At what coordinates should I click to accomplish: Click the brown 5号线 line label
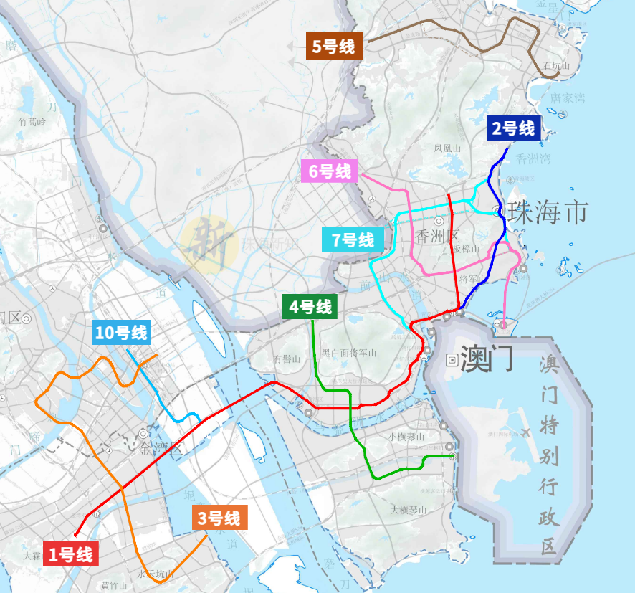(334, 47)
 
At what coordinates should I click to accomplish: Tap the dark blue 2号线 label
(513, 129)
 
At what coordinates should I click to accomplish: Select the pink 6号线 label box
(331, 172)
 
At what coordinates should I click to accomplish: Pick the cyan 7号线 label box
(352, 239)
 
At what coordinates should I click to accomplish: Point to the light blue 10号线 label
(121, 332)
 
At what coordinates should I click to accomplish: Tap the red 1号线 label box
(70, 554)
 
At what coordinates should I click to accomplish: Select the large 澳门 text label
(487, 359)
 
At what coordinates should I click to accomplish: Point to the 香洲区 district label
(435, 236)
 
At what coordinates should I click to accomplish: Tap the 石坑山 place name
(555, 66)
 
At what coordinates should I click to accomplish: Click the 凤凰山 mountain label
(447, 148)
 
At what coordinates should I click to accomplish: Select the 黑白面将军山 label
(349, 353)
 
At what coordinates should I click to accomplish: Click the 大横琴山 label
(409, 511)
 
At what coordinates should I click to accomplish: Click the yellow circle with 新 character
(209, 243)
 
